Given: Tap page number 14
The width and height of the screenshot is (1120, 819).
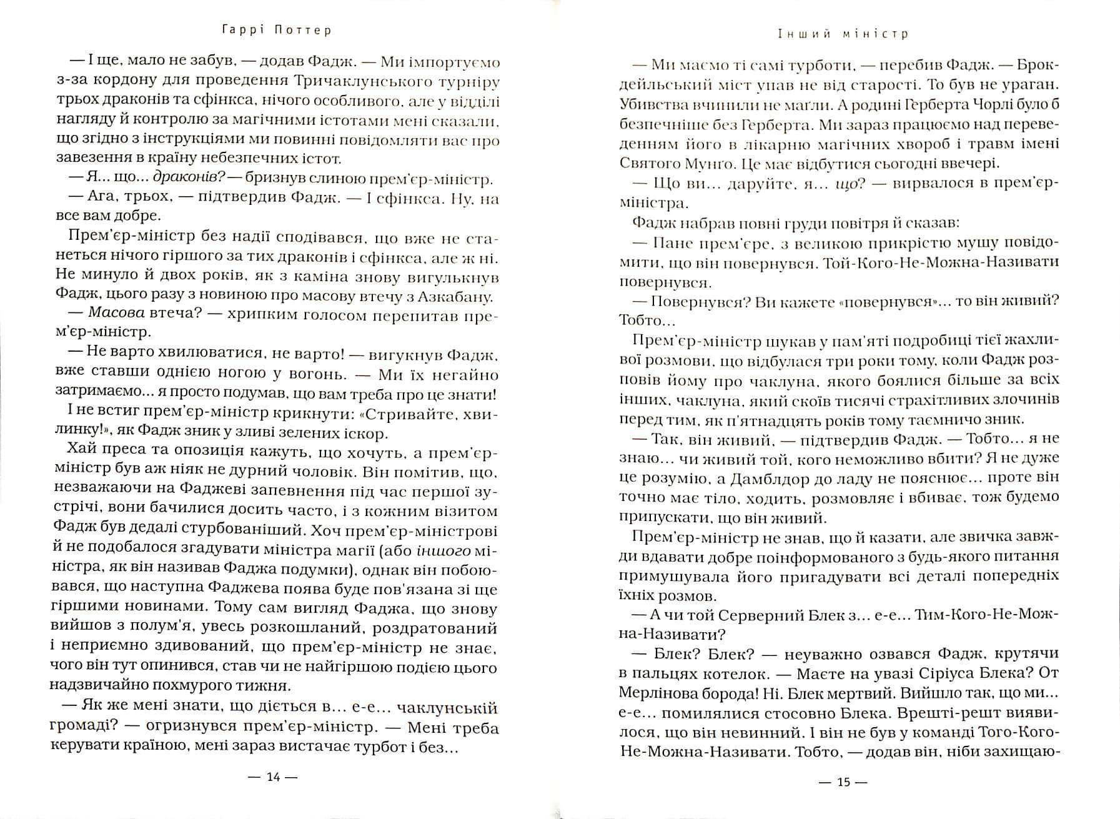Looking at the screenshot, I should [274, 777].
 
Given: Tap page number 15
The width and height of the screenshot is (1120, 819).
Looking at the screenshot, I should [843, 782].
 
